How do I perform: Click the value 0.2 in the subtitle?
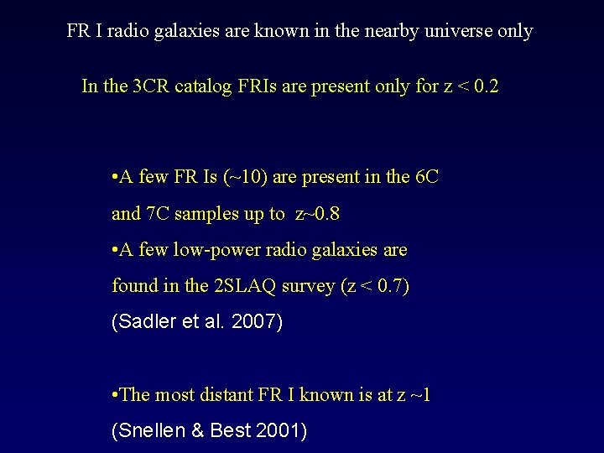(485, 86)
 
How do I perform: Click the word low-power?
(206, 250)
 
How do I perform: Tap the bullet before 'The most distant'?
(114, 395)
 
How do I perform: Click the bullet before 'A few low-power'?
(114, 250)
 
